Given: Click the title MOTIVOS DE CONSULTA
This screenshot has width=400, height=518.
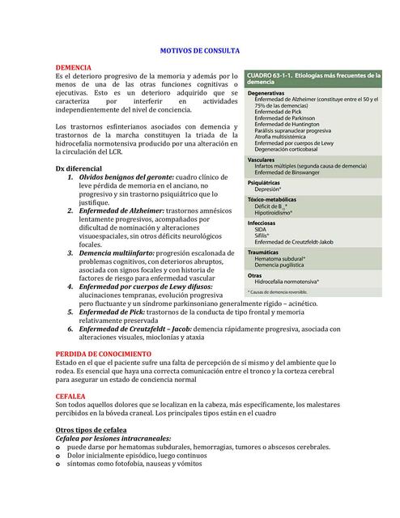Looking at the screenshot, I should pos(199,50).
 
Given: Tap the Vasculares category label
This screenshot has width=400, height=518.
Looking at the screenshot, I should pos(265,160).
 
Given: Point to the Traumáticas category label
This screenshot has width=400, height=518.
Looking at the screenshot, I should pos(268,252).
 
